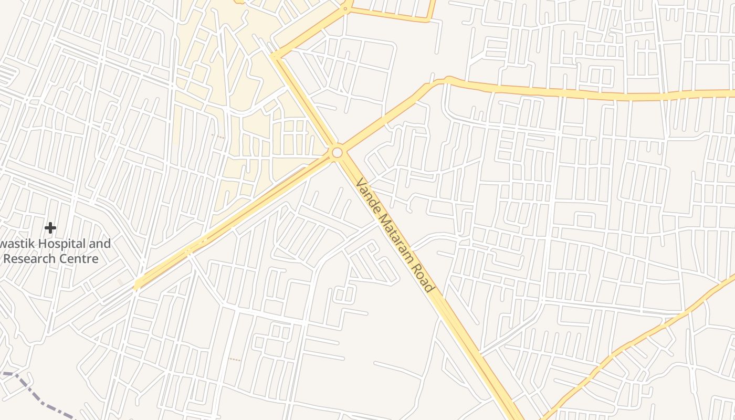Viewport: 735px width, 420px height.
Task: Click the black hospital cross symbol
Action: [50, 228]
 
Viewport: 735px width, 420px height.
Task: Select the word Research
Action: [31, 259]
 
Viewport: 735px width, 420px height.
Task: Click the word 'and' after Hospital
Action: [100, 244]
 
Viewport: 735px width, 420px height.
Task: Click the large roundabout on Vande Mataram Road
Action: [337, 152]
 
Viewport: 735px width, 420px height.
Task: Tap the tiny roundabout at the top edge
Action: [345, 8]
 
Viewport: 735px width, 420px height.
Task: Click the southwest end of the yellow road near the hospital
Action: [138, 286]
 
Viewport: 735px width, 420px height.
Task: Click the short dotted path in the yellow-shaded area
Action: [218, 136]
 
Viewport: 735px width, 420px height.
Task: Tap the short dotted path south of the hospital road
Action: [235, 360]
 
